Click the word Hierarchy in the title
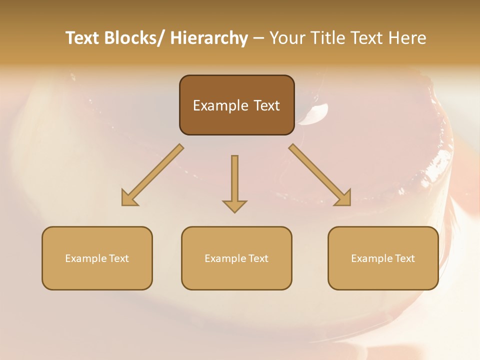209,38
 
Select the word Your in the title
286,38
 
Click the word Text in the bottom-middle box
258,258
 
